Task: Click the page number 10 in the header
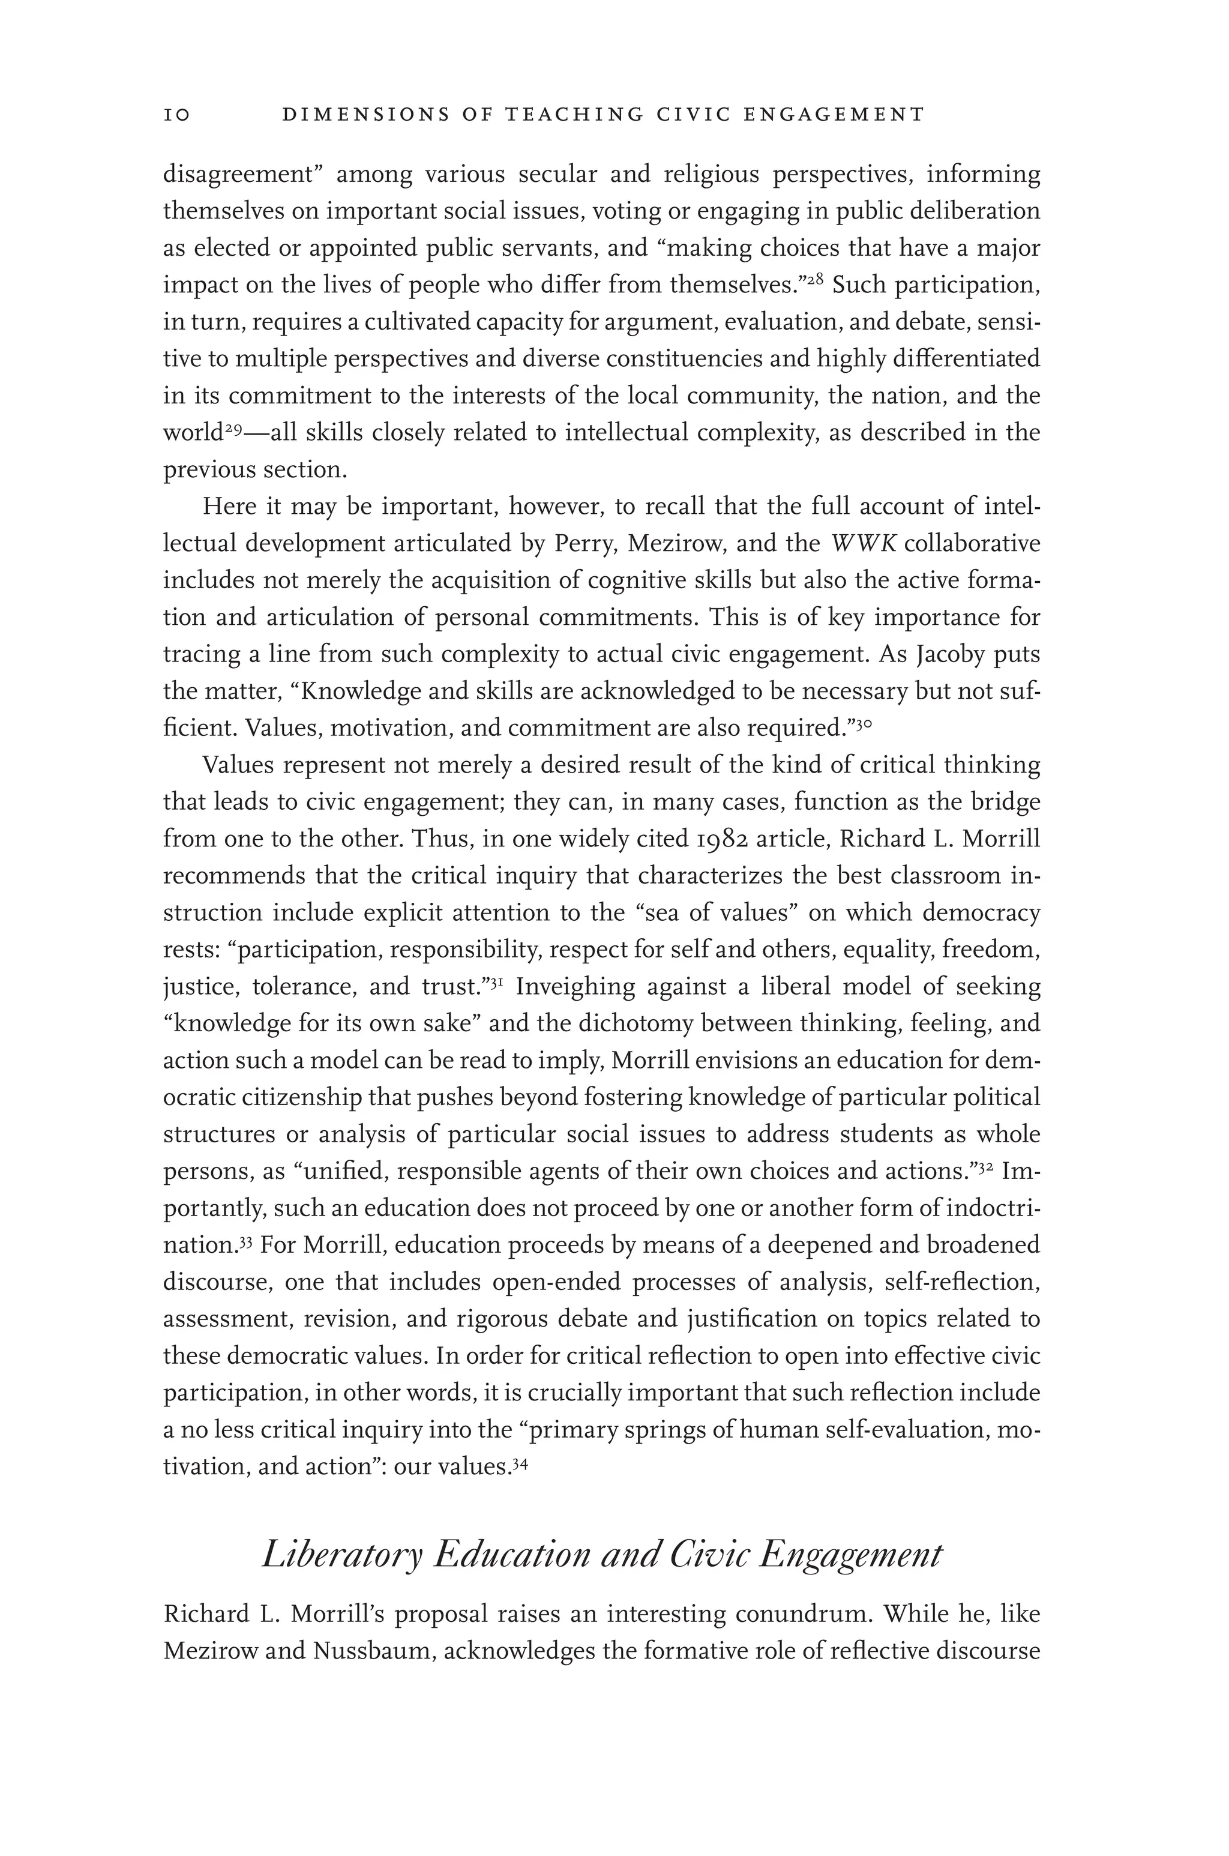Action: click(177, 115)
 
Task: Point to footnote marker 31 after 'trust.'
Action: click(496, 982)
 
